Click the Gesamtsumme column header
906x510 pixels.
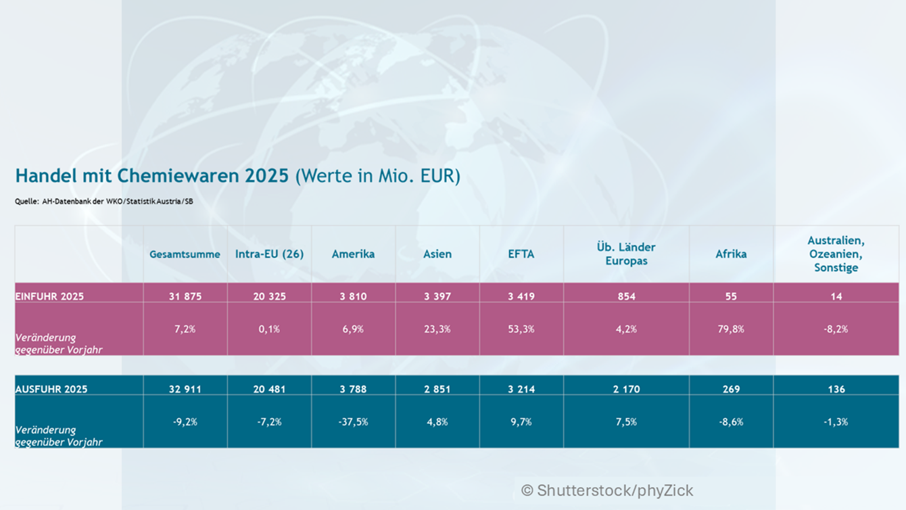(185, 254)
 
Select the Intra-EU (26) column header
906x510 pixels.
(269, 254)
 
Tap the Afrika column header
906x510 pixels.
(731, 254)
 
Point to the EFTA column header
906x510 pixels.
(521, 254)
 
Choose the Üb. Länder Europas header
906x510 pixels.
(626, 254)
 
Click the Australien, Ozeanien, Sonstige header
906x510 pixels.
(836, 254)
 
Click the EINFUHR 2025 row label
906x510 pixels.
(49, 296)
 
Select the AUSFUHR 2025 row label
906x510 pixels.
(51, 389)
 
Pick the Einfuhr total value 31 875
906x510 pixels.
(185, 296)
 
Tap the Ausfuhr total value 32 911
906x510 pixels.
(185, 389)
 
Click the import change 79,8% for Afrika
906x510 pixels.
(731, 329)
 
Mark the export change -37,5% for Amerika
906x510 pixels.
(353, 422)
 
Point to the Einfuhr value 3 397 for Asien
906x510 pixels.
(437, 296)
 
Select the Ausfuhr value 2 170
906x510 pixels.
(626, 389)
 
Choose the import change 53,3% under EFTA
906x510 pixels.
(521, 329)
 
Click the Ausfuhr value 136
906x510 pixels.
(836, 389)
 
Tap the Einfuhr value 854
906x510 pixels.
(626, 296)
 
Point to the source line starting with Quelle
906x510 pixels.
(104, 201)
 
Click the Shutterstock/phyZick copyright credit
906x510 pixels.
(607, 490)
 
